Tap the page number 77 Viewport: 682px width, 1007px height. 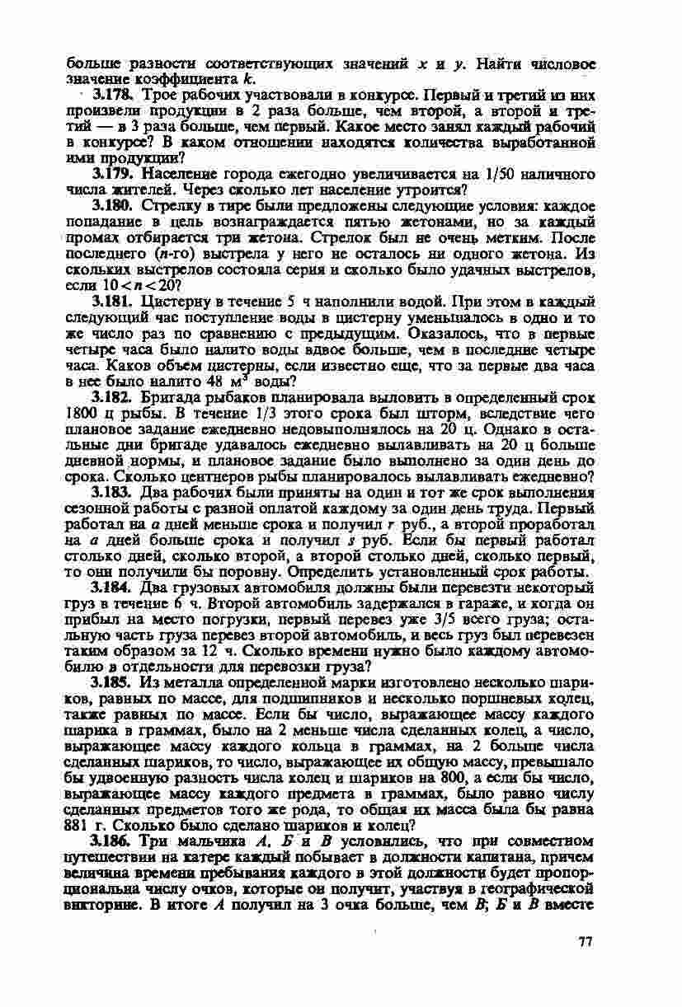[586, 942]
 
